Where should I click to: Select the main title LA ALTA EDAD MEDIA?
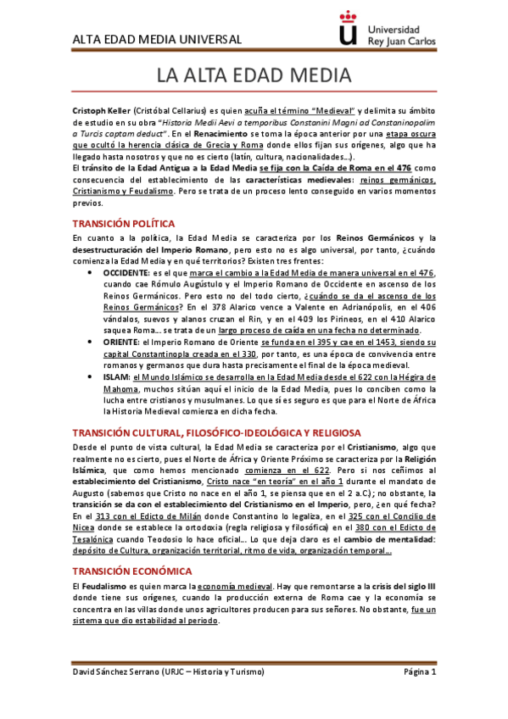254,75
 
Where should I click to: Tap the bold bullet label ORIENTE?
120,340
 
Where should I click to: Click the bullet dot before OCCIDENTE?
91,273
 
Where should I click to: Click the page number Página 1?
419,672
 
